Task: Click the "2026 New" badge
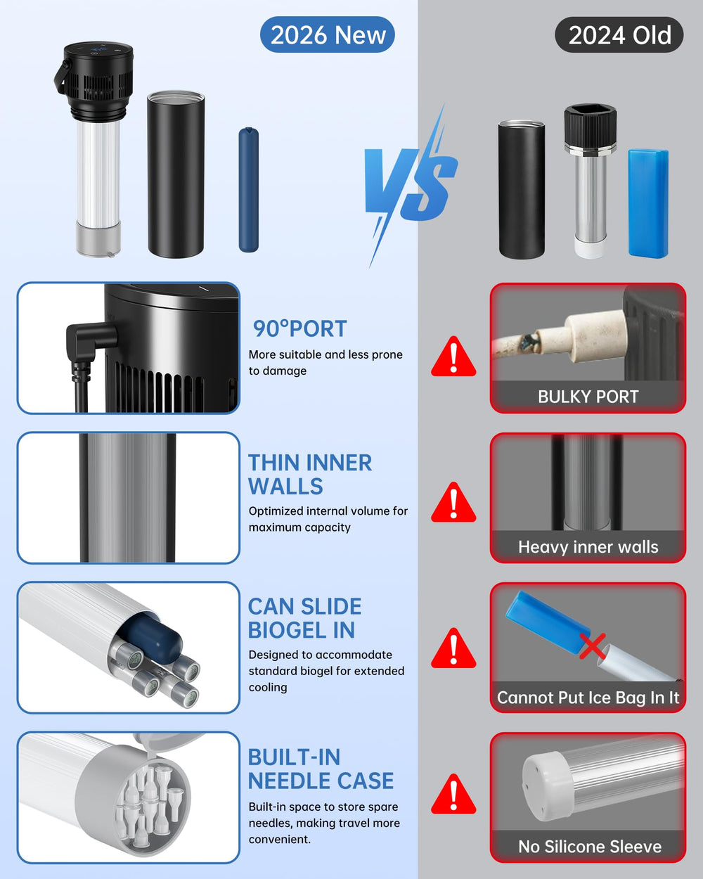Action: (x=327, y=34)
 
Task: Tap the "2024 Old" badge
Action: (x=619, y=34)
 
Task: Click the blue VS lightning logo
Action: (x=411, y=186)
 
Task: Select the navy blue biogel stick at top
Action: (x=248, y=190)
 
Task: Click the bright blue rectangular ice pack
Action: (x=648, y=203)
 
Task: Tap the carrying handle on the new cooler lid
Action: (x=61, y=77)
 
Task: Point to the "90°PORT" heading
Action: (x=299, y=328)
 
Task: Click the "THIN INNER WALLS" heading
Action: (x=310, y=474)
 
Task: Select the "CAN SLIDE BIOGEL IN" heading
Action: (x=304, y=618)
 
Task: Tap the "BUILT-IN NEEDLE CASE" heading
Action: (x=321, y=769)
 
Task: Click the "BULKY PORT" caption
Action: (x=588, y=397)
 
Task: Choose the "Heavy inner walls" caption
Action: (x=588, y=547)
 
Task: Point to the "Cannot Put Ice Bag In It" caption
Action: (x=588, y=698)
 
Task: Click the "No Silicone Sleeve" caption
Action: (x=589, y=847)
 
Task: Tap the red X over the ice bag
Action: (x=593, y=646)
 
